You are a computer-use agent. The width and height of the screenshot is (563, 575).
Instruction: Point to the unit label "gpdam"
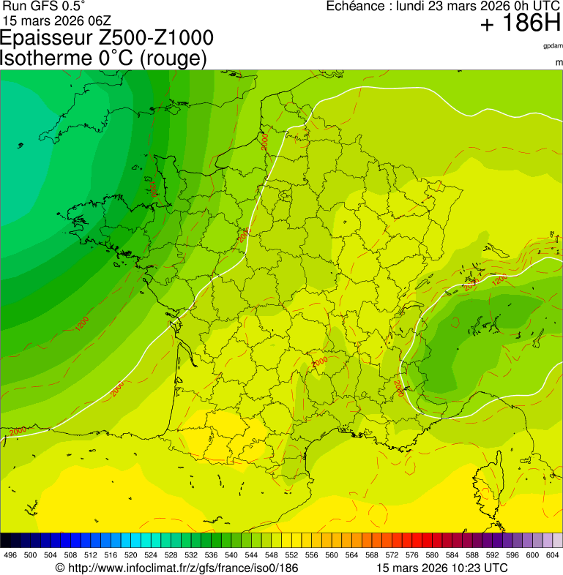point(553,46)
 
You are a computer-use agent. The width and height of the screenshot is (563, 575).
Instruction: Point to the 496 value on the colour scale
point(10,555)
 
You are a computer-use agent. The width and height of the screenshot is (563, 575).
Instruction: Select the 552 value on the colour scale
point(291,555)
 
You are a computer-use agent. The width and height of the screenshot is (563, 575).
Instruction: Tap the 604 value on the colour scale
point(553,555)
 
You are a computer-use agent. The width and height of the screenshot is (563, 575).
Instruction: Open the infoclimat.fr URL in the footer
point(182,568)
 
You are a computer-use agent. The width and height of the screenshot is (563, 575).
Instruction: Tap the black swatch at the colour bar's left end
point(6,541)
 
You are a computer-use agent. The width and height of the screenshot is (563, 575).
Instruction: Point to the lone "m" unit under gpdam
point(559,63)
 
